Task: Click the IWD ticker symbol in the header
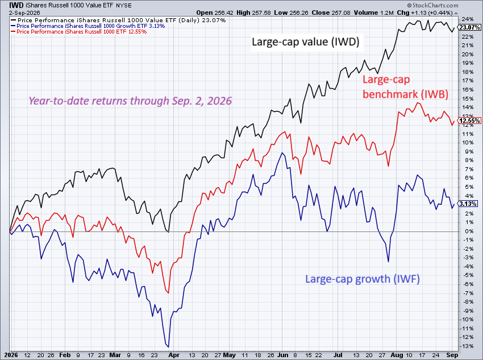16,5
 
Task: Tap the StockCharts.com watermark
432,5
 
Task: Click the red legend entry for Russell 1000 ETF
78,32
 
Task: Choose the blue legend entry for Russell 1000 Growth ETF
88,26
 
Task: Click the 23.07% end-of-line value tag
469,27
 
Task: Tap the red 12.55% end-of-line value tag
469,121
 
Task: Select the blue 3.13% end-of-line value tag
468,204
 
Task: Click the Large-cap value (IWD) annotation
306,42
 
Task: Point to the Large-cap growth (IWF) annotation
363,279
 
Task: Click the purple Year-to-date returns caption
130,101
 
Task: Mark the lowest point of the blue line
168,347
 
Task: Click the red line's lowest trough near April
169,293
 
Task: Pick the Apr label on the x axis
174,355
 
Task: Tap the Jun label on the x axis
282,355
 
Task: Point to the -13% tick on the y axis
467,346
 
